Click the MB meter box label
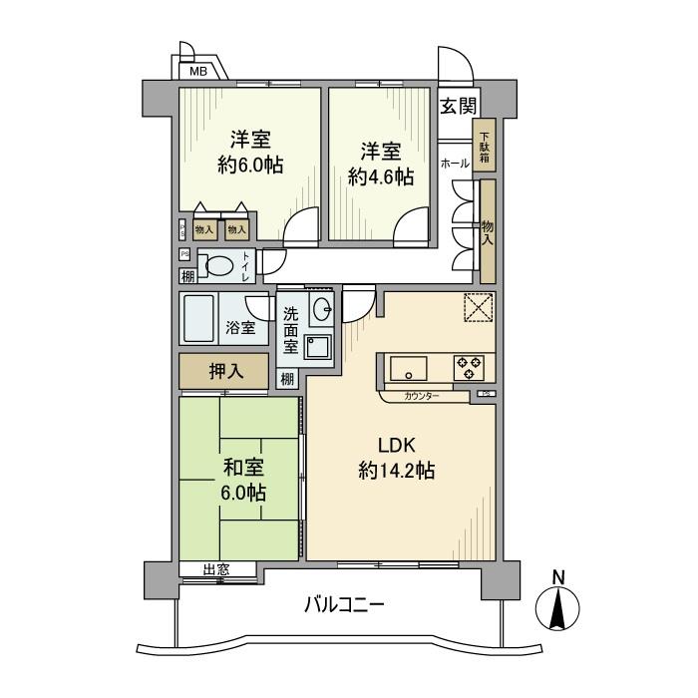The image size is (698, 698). click(199, 72)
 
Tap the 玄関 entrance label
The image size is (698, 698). click(458, 105)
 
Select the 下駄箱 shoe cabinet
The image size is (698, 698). click(485, 146)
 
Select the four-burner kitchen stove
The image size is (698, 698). click(470, 368)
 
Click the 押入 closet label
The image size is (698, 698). click(224, 372)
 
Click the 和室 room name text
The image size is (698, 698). click(242, 466)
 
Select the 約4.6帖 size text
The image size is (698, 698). click(381, 176)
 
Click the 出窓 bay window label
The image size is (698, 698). click(216, 570)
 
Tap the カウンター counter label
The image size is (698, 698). click(423, 396)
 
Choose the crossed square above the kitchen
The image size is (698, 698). click(479, 310)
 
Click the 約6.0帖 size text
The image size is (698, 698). click(250, 165)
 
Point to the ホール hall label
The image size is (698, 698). click(455, 162)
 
